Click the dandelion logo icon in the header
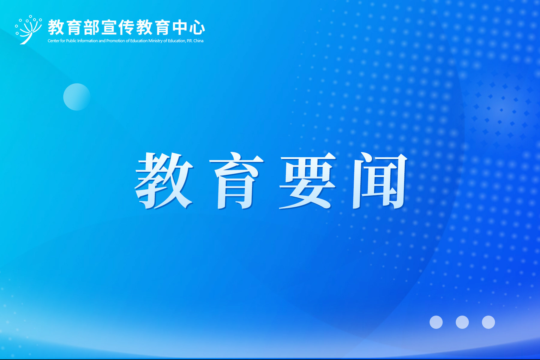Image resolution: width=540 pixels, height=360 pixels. coord(28,29)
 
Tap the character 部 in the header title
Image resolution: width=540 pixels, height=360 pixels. coord(91,27)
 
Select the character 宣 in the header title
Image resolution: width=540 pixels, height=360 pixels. coord(109,27)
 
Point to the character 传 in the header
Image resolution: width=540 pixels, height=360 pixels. coord(127,27)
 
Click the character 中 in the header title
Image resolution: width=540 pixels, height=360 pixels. coord(180,27)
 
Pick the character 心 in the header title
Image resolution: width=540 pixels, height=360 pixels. coord(197,27)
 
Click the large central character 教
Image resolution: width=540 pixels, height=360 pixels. coord(164,180)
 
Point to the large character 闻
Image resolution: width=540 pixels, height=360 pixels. coord(380,180)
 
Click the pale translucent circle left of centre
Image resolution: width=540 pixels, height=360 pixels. coord(77,97)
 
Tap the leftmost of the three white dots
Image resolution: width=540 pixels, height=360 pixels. coord(436,322)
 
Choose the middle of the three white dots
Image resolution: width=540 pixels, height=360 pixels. coord(462,322)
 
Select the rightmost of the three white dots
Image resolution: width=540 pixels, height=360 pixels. coord(488,322)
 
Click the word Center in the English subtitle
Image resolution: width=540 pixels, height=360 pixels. coord(53,41)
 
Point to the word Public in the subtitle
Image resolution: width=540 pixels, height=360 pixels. coord(71,41)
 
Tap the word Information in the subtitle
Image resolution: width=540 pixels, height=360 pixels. coord(88,41)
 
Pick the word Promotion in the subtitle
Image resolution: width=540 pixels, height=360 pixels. coord(115,41)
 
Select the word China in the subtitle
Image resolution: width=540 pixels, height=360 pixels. coord(198,41)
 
